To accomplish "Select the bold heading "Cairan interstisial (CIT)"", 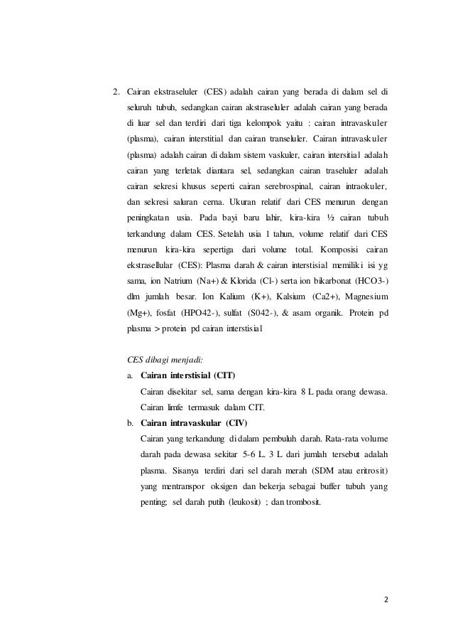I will click(x=188, y=375).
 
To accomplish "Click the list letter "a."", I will click(x=131, y=375).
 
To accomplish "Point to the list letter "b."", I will click(x=131, y=423).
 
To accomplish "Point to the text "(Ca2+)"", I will click(x=302, y=296).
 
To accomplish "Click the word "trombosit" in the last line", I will click(x=300, y=502).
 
